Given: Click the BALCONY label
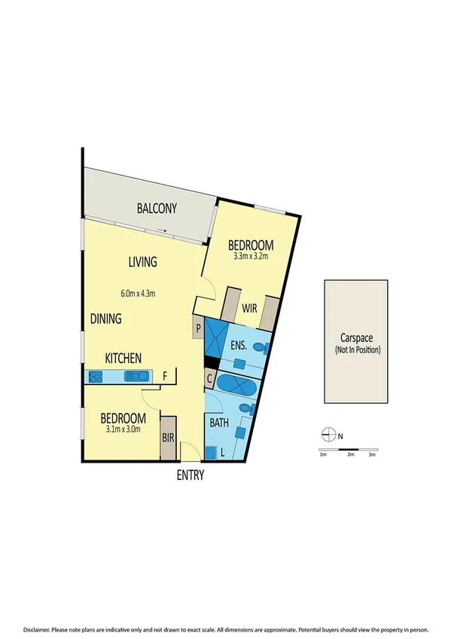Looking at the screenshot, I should pos(157,209).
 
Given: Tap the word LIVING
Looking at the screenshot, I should pos(142,262).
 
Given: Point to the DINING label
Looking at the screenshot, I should pos(106,319).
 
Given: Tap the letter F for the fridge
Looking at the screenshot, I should pos(165,375).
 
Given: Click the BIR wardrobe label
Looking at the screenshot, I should pos(168,437).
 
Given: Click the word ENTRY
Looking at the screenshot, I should pos(190,475).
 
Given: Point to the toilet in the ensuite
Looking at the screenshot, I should pos(259,348).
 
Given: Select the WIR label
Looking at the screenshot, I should pos(249,307).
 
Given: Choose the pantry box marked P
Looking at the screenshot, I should pos(198,329).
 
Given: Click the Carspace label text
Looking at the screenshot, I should pos(358,339).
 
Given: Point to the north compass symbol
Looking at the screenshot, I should pos(328,434).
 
